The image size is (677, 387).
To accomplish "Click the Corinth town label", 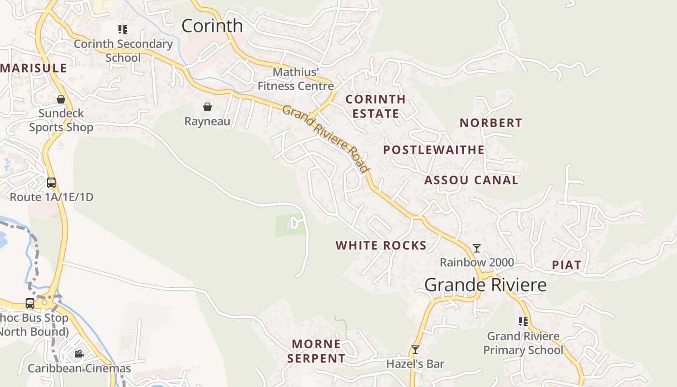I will point(212,26).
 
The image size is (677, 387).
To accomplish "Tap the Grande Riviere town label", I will point(486,285).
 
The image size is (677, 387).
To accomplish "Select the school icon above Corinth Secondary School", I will point(123,30).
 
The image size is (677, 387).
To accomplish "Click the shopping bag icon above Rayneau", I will point(207,107).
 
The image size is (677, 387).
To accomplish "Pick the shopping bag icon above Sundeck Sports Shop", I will point(61,99).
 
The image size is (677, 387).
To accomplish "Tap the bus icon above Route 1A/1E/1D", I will point(51,183).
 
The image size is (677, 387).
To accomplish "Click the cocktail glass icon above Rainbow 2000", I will point(477,248).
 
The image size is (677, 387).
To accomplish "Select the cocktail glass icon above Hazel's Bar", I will point(415,350).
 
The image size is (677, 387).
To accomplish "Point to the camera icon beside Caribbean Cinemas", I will point(79,354).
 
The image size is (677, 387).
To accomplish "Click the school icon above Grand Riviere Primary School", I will point(523,321).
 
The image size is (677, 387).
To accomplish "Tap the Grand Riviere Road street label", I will point(326,138).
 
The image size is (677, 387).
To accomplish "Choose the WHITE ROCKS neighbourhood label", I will point(381,246).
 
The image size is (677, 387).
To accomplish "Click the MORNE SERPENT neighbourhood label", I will point(316,351).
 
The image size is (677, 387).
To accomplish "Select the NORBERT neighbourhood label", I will point(491,123).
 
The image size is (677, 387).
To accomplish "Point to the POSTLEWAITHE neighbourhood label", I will point(434,150).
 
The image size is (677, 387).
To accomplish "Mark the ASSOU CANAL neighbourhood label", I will point(471,180).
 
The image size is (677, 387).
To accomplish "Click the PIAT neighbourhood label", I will point(566,265).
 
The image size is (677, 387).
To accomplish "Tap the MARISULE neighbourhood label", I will point(33,68).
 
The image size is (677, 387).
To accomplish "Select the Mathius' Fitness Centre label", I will point(295,79).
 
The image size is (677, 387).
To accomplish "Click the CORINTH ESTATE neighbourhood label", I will point(376,106).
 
